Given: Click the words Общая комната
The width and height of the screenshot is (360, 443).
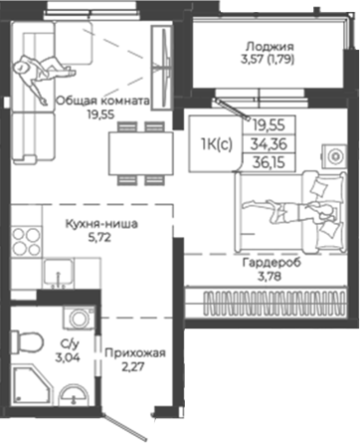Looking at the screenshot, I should coord(103,100).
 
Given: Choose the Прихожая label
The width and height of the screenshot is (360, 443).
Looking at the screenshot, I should coord(135,354).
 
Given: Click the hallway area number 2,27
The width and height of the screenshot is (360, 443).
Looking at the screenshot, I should coord(135,370).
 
